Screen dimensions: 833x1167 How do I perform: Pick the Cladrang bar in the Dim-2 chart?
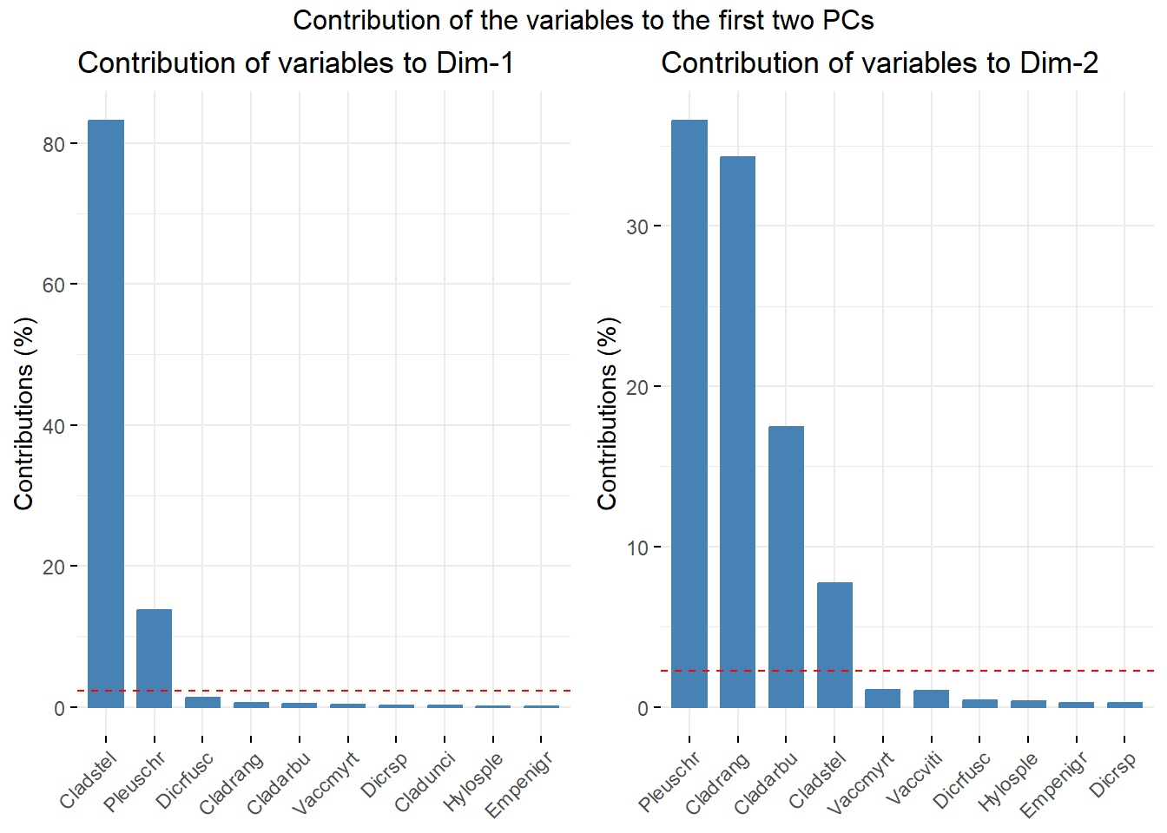(737, 431)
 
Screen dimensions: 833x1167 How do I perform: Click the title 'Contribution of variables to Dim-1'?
(295, 63)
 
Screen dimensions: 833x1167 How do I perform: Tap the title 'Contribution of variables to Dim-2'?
(879, 63)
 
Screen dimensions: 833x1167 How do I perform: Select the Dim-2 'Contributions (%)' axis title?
(607, 413)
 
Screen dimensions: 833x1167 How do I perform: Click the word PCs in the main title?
(847, 20)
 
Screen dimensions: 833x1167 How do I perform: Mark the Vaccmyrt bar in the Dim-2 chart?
(883, 698)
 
